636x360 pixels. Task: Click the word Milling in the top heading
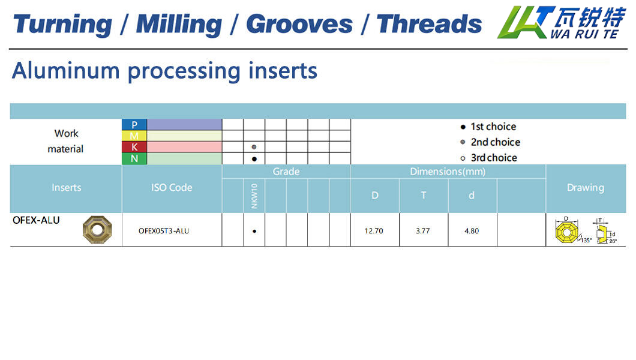[x=179, y=25]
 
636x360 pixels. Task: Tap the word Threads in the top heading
[x=429, y=24]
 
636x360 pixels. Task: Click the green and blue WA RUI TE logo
[x=562, y=22]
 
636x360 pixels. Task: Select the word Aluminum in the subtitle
[x=66, y=71]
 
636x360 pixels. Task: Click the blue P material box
[x=134, y=124]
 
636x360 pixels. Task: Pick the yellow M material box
[x=134, y=136]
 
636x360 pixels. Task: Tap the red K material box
[x=134, y=147]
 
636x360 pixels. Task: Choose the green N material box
[x=134, y=158]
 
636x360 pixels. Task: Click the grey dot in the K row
[x=254, y=147]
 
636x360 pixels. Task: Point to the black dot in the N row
[x=254, y=159]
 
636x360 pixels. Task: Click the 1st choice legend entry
[x=488, y=127]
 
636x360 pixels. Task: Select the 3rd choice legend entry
[x=488, y=158]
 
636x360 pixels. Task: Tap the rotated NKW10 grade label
[x=254, y=196]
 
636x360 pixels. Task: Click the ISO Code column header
[x=172, y=188]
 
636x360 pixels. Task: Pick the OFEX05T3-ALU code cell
[x=164, y=230]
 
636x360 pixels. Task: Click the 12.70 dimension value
[x=374, y=230]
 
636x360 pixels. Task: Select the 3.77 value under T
[x=422, y=230]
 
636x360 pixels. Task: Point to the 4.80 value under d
[x=472, y=230]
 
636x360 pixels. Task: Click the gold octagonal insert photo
[x=97, y=229]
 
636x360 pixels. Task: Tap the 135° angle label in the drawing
[x=587, y=240]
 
